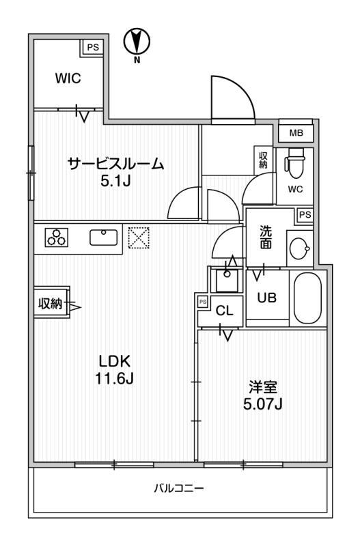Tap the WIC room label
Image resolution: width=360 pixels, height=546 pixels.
click(68, 78)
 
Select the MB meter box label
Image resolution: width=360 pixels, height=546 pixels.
click(296, 132)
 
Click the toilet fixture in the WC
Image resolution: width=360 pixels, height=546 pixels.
click(294, 160)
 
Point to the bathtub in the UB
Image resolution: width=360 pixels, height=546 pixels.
click(307, 298)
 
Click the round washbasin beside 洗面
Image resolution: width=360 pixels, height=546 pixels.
click(299, 248)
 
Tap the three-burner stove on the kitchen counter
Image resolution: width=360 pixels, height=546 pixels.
click(57, 238)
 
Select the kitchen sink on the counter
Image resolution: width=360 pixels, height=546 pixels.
click(104, 238)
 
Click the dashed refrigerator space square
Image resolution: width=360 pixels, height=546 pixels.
click(139, 238)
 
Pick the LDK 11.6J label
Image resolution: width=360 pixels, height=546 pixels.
click(114, 370)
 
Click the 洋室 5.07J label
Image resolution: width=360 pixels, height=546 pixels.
click(263, 396)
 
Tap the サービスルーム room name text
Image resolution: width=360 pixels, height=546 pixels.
click(115, 164)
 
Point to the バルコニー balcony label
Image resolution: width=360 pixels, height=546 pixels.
click(179, 488)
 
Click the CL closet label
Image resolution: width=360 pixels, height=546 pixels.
click(224, 311)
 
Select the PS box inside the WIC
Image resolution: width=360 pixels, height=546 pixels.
click(93, 47)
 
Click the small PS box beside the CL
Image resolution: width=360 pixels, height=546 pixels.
click(202, 302)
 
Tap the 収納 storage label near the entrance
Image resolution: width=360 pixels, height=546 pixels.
click(263, 160)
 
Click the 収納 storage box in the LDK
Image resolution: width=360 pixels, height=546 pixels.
click(52, 304)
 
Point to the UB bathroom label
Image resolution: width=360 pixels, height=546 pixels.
click(267, 298)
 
